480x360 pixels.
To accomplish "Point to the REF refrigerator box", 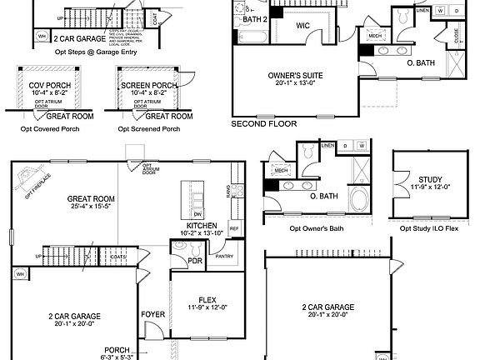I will point(234,228).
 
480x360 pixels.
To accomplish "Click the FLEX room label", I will point(208,299).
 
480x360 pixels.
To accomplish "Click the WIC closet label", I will point(302,26).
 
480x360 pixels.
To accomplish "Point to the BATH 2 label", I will point(256,18).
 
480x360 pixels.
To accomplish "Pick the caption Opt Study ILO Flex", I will point(429,228).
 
